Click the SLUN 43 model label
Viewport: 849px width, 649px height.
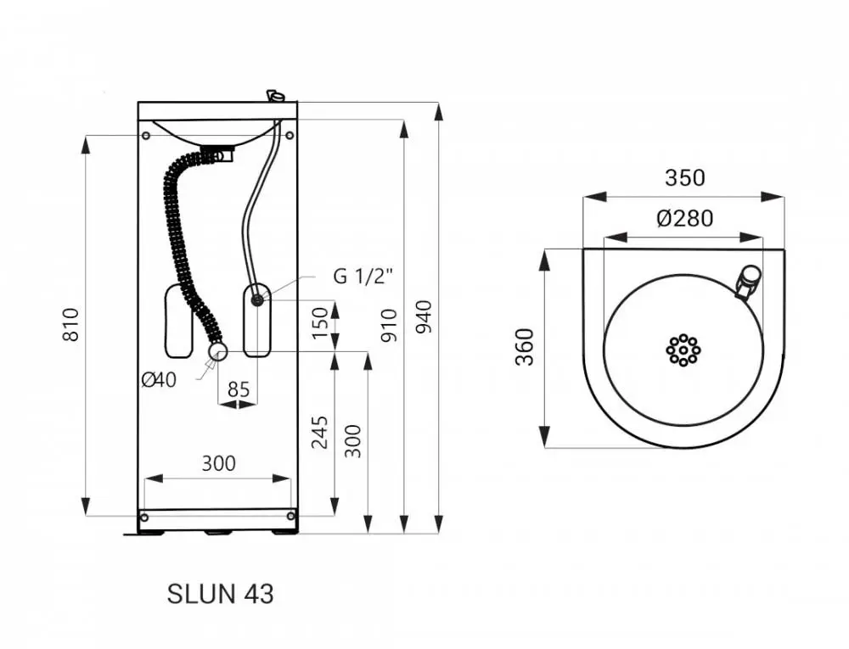point(221,594)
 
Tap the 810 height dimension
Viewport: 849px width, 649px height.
point(71,324)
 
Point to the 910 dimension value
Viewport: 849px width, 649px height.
point(389,325)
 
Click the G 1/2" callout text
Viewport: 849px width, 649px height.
point(363,276)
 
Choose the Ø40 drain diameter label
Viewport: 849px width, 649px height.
point(159,380)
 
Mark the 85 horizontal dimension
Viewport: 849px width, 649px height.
point(239,389)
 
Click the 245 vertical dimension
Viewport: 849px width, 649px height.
point(320,432)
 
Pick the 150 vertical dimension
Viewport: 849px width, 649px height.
point(321,323)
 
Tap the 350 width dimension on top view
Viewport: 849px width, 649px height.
point(685,178)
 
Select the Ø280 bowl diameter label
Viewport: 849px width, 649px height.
point(685,219)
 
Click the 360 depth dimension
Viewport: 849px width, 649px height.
point(525,347)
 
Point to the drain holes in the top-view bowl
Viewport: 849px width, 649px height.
point(683,350)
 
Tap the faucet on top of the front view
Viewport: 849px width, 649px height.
point(275,96)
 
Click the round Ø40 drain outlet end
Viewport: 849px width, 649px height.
point(217,352)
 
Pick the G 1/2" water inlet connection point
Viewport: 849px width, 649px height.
point(258,299)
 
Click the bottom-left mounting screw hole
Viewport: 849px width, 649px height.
point(144,518)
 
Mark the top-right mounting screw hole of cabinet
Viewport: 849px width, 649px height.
point(290,135)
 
